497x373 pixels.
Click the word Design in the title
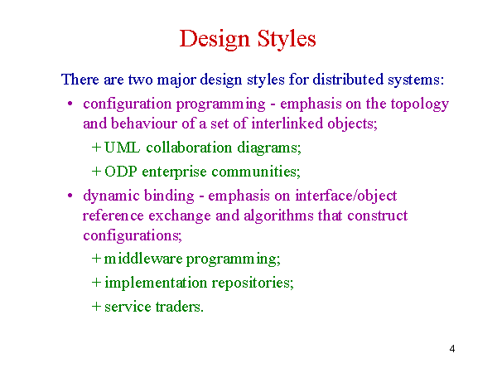215,39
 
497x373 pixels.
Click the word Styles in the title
287,39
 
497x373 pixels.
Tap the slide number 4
452,349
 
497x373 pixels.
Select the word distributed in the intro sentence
348,79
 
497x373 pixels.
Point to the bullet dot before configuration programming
70,104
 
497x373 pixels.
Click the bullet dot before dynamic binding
70,196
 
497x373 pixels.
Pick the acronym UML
122,148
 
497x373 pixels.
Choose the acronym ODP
121,172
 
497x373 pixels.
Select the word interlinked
287,124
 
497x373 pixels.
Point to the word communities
256,172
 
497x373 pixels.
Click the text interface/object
346,196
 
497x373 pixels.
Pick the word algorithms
278,216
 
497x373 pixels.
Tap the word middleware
143,259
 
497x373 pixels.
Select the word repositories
253,283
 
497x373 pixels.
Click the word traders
180,307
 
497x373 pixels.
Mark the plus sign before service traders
96,307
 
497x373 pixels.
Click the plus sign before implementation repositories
96,283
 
